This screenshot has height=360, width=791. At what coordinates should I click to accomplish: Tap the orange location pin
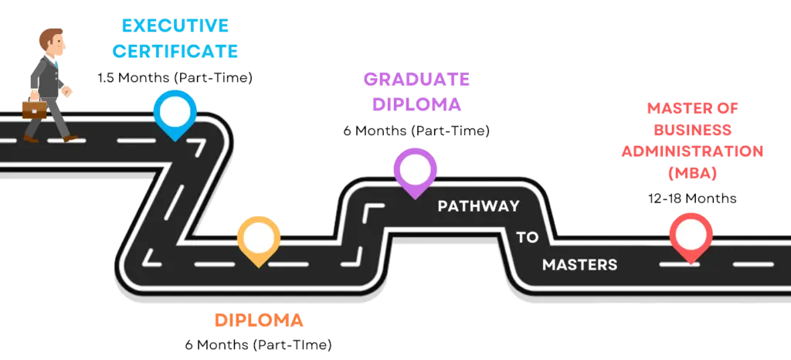click(258, 237)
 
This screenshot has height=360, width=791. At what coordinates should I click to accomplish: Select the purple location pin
click(415, 169)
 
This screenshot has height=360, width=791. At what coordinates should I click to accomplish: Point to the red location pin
click(691, 234)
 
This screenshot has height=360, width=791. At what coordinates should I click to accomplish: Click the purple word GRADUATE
click(416, 79)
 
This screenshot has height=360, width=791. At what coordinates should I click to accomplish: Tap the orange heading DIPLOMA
click(258, 320)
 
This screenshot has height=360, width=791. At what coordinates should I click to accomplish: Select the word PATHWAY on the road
click(479, 206)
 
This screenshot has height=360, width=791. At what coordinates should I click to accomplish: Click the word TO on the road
click(528, 237)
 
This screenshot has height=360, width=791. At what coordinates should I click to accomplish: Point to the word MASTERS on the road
click(579, 264)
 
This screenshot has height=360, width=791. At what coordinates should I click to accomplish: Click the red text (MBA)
click(692, 172)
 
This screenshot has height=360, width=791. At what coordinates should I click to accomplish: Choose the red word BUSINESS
click(691, 129)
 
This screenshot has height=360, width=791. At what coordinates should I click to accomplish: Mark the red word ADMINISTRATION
click(692, 151)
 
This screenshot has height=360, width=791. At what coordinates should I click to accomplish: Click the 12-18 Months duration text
click(692, 198)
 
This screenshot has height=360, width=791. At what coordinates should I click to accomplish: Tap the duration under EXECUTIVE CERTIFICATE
click(176, 77)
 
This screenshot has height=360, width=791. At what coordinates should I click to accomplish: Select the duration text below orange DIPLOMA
click(259, 344)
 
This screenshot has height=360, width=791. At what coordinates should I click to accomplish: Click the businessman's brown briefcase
click(34, 110)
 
